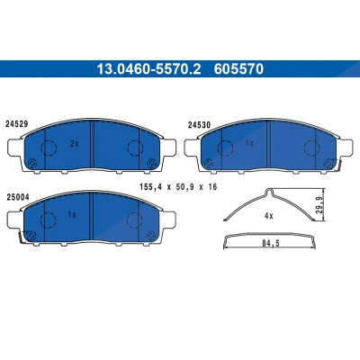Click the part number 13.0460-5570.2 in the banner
(x=148, y=69)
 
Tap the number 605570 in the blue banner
(x=238, y=69)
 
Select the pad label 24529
(x=17, y=124)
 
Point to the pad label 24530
(x=199, y=125)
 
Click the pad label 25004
(x=17, y=197)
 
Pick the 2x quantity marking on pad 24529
(x=74, y=144)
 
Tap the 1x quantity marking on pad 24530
(x=249, y=144)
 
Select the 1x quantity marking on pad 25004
(x=72, y=215)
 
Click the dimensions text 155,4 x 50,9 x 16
(x=178, y=187)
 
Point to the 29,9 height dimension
(x=319, y=205)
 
